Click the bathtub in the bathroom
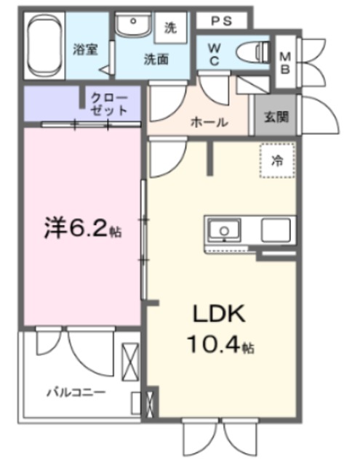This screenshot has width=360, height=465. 45,46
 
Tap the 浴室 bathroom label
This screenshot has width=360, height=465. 86,49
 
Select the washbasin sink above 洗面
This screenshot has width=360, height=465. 133,25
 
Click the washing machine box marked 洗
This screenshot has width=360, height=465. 171,28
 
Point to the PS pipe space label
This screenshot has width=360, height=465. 221,21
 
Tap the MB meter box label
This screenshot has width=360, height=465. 285,62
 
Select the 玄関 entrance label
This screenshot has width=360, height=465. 276,117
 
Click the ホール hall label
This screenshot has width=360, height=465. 209,122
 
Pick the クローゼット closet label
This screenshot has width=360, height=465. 108,104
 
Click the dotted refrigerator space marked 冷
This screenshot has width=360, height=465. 278,161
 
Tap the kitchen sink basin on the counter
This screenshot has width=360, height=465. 224,230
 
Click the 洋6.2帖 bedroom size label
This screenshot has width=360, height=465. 83,228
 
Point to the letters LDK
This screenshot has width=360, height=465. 219,314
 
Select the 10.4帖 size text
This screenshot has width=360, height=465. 220,345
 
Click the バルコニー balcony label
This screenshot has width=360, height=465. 76,392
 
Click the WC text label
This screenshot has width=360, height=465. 215,54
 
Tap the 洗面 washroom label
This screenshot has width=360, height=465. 156,60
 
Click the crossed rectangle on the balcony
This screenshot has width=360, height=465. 130,362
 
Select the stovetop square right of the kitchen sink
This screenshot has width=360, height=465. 276,230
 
